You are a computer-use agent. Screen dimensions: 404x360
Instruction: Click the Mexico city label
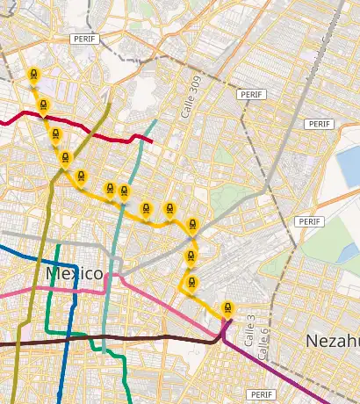point(75,274)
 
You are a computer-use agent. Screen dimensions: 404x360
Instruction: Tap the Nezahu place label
point(332,340)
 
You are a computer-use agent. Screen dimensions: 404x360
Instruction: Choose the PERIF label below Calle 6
point(263,394)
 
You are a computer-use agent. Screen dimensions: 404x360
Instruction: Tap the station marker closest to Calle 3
point(228,308)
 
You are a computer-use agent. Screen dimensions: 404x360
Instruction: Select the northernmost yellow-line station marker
point(33,76)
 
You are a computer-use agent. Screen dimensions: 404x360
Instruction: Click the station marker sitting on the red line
point(55,134)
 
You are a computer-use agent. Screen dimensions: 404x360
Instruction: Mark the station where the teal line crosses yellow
point(124,191)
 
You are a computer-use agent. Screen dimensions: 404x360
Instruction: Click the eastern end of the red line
point(153,140)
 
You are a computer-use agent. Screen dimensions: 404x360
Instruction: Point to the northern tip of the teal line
point(156,120)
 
